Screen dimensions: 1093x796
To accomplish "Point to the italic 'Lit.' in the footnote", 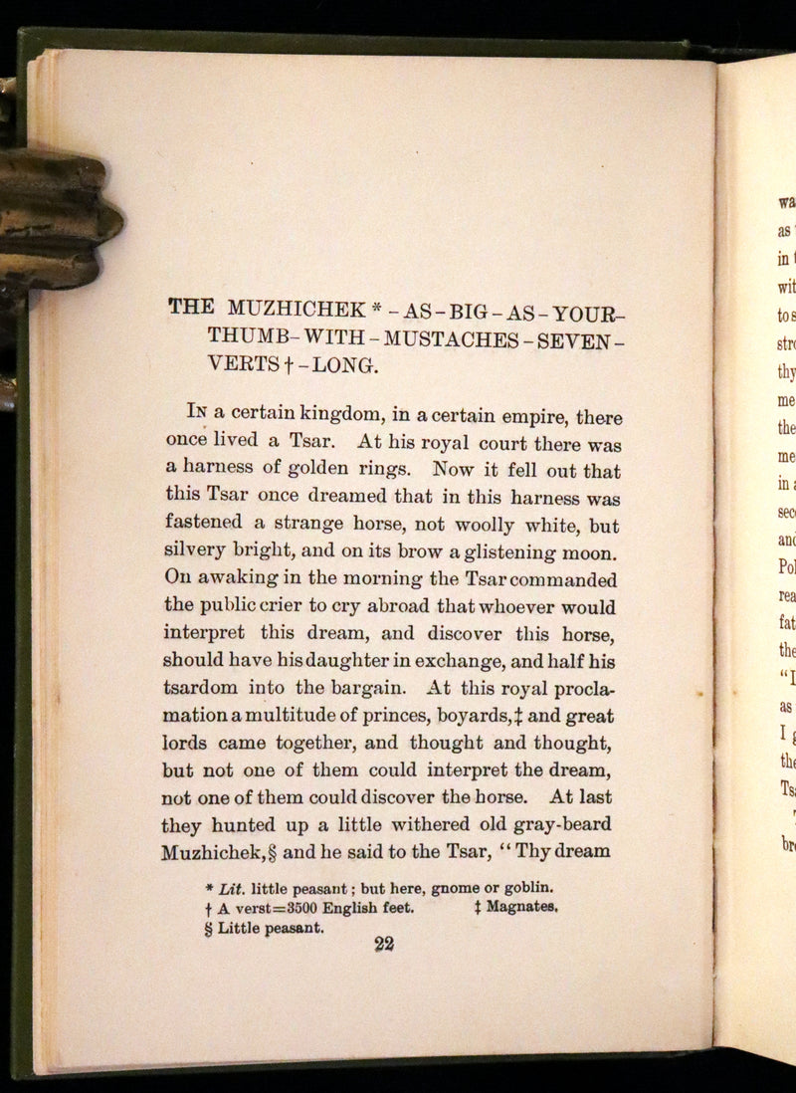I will pos(231,886).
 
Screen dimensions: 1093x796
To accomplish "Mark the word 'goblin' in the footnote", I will pos(524,886).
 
